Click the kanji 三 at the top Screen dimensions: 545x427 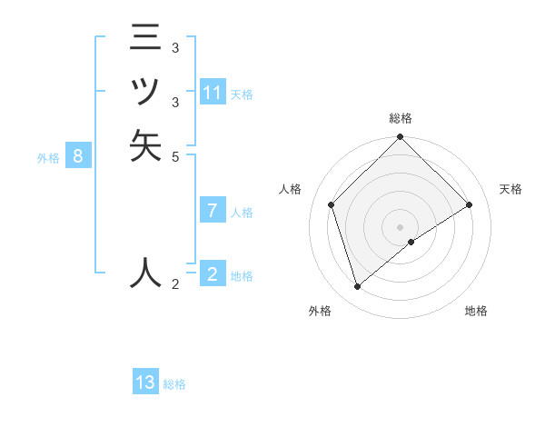point(145,39)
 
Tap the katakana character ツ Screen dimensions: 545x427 point(145,92)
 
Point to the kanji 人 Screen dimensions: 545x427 point(145,272)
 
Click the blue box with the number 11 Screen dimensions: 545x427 point(213,93)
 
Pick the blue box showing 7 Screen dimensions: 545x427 point(213,211)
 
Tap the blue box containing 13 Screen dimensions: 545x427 point(145,382)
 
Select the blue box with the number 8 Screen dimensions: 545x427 point(78,156)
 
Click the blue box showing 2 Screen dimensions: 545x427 point(213,274)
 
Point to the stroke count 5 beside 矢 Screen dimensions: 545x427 point(175,156)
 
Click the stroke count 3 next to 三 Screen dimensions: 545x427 point(175,47)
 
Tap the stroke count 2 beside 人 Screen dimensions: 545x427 point(175,285)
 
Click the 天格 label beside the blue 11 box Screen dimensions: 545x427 point(242,94)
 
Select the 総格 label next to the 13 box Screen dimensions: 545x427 point(174,384)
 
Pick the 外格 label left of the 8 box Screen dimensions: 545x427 point(48,158)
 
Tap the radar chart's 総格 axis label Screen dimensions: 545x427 point(401,118)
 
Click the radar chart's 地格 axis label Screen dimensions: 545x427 point(476,311)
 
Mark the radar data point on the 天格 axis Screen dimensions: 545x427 point(470,204)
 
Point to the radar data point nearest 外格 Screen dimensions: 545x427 point(358,287)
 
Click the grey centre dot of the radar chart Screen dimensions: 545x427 point(401,226)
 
